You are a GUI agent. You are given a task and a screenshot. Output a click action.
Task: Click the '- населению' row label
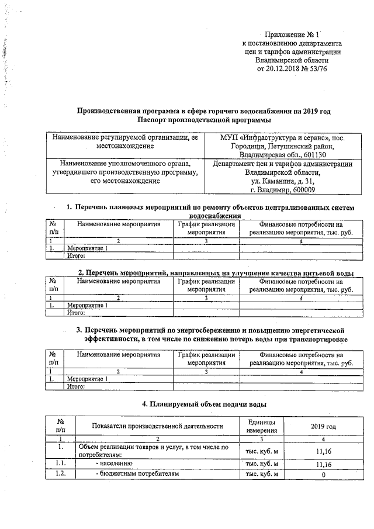coord(113,464)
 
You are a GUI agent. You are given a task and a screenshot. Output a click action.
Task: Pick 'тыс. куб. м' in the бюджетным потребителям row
coord(262,474)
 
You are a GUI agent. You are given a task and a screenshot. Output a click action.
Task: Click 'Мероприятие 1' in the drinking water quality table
coord(88,305)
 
